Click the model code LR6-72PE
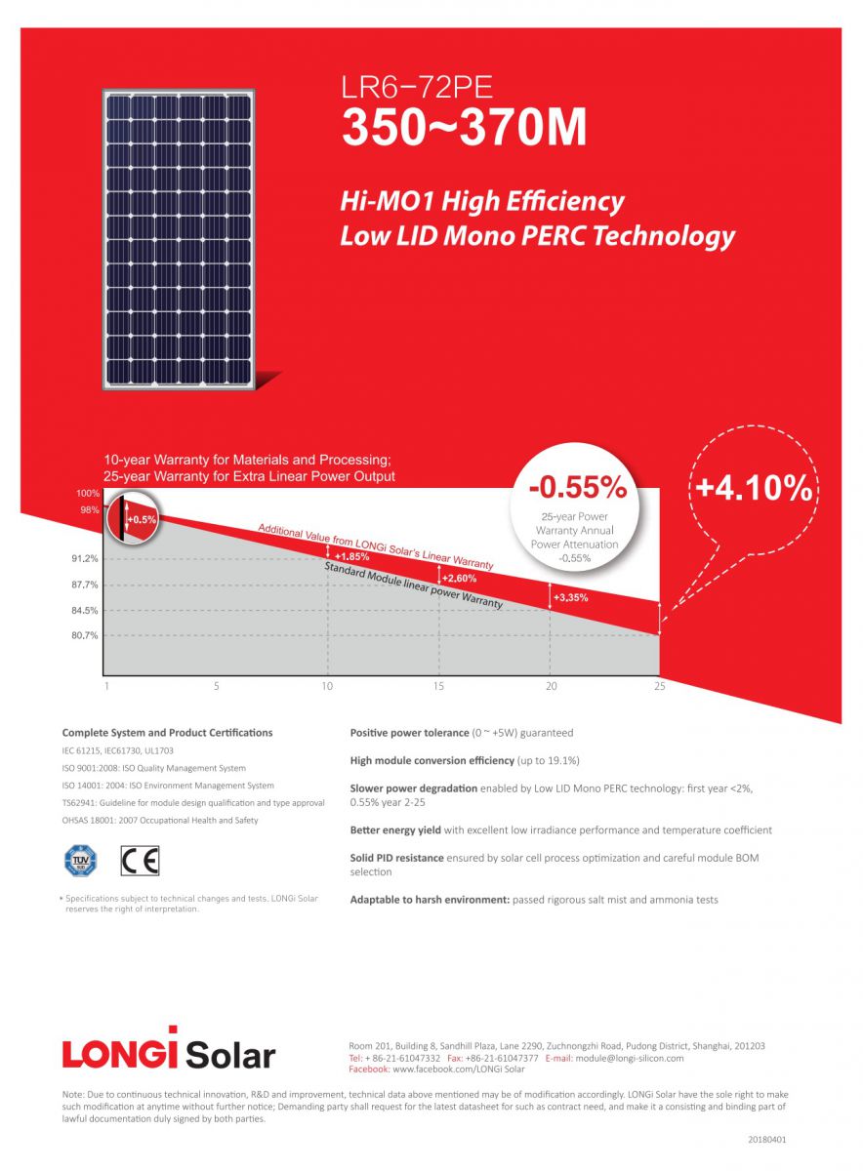pos(417,88)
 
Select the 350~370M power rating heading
pos(464,129)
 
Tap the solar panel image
pos(179,239)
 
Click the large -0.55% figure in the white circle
pos(577,485)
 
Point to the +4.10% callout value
pos(752,487)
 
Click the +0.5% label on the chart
pos(142,520)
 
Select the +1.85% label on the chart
pos(351,556)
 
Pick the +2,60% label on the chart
pos(459,578)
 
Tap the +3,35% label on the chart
pos(570,597)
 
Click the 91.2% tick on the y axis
pos(84,559)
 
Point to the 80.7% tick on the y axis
pos(84,635)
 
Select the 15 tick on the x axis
pos(438,687)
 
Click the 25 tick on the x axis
pos(659,687)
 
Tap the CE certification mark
pos(140,861)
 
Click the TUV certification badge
pos(80,861)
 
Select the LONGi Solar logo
pos(168,1050)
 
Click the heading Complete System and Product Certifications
pos(167,732)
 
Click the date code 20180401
pos(766,1139)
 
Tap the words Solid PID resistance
pos(396,858)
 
